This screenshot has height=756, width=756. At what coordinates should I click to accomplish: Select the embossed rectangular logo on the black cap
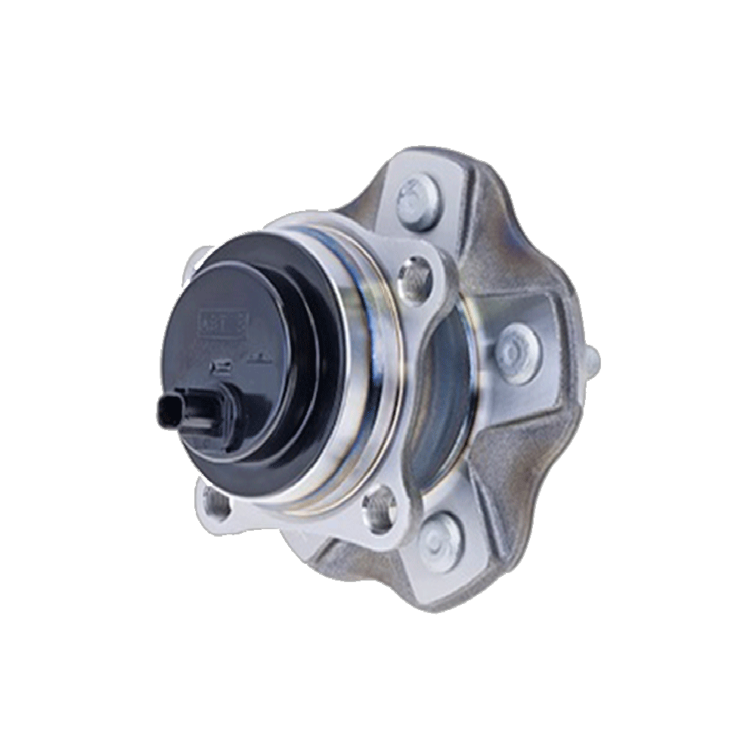[x=223, y=324]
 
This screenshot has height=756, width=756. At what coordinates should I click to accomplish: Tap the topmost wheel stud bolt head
[x=418, y=202]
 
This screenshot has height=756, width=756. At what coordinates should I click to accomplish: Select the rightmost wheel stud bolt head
[x=519, y=354]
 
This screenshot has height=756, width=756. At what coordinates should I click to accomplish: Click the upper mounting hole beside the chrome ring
[x=414, y=280]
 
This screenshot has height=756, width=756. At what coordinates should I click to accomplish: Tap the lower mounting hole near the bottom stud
[x=380, y=508]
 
